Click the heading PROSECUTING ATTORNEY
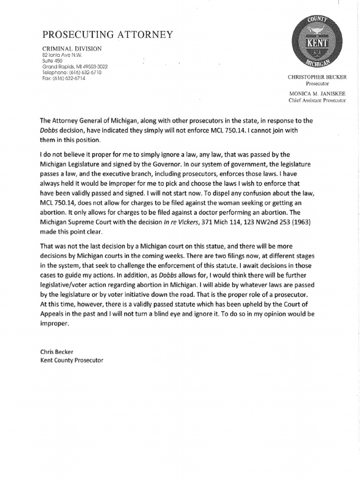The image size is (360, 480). tap(108, 35)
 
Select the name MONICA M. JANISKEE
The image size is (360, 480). tap(317, 94)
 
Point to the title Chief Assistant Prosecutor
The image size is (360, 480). tap(317, 100)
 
